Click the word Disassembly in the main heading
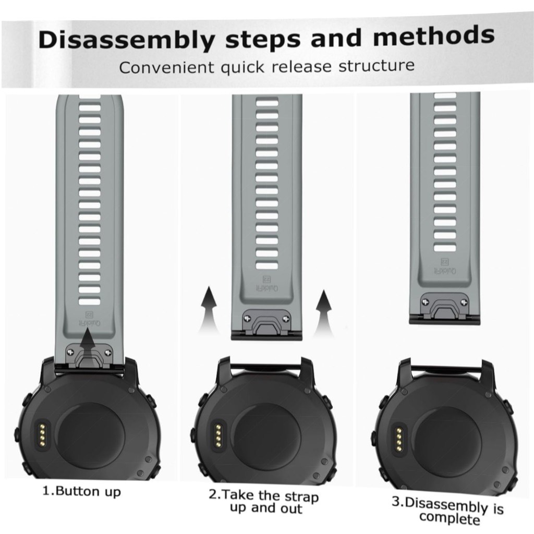[127, 40]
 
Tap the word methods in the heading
[433, 36]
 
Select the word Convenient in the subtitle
[166, 67]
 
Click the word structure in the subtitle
[377, 65]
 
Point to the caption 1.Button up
[82, 491]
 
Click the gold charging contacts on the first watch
[42, 435]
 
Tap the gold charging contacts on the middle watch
[218, 436]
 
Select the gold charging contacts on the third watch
[398, 440]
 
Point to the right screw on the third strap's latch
[464, 302]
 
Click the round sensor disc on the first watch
[90, 437]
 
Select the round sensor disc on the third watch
[447, 441]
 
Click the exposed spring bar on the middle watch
[266, 367]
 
